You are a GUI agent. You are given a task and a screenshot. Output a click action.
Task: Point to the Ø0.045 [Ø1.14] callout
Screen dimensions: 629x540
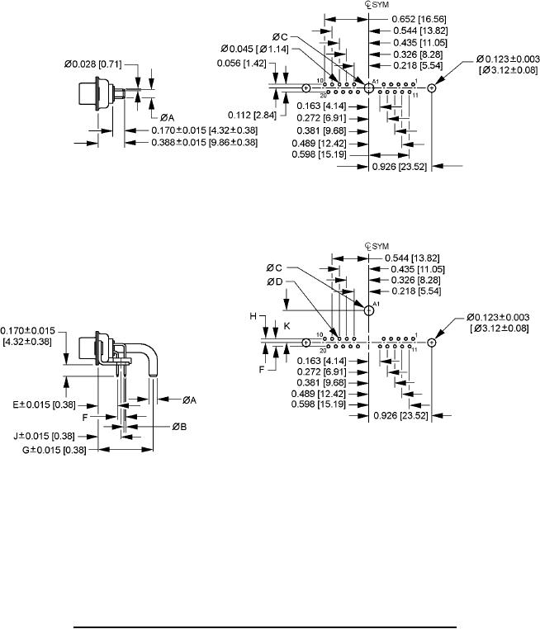pyautogui.click(x=253, y=50)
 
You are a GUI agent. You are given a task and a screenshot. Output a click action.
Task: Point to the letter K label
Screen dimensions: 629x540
pyautogui.click(x=287, y=326)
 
